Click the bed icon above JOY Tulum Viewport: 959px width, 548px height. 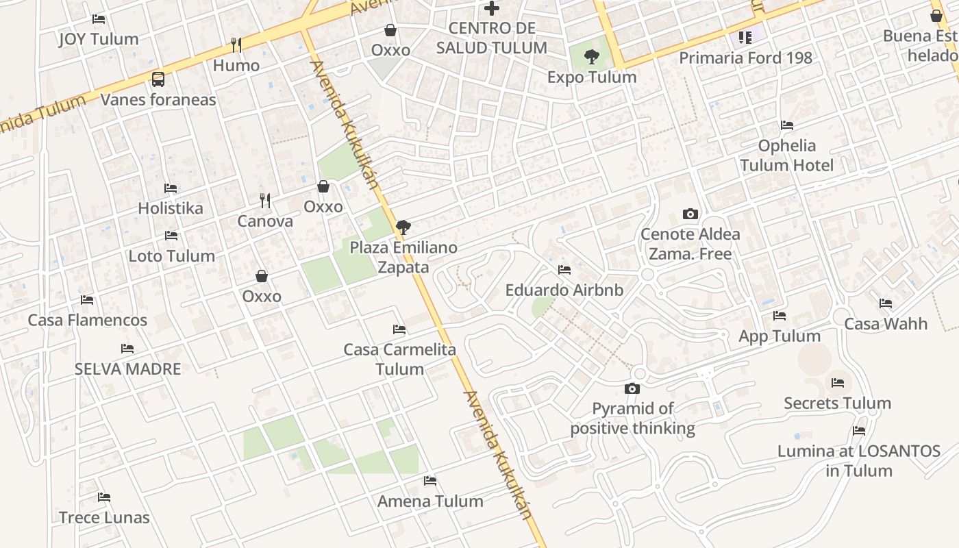click(x=99, y=19)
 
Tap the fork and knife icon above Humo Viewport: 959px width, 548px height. click(x=236, y=45)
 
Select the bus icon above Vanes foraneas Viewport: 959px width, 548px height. click(x=158, y=79)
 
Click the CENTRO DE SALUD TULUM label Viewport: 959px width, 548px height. click(x=492, y=38)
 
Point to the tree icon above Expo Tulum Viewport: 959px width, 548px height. click(x=592, y=57)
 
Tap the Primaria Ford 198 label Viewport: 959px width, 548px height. click(x=745, y=58)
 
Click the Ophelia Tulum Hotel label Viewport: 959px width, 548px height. click(x=786, y=155)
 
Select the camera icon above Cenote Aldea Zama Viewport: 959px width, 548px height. click(x=690, y=214)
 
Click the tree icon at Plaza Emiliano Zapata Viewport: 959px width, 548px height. click(x=403, y=227)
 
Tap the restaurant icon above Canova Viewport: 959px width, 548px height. click(x=265, y=201)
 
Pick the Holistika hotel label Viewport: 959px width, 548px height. click(x=171, y=208)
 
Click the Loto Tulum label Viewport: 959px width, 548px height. click(x=172, y=256)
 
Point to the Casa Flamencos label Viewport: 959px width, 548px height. click(x=87, y=320)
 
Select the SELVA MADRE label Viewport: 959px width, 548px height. click(x=127, y=369)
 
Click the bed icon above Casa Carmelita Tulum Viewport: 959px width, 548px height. click(x=399, y=329)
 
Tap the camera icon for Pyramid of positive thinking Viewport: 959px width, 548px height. click(x=632, y=389)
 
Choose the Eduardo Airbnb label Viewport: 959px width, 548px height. click(x=564, y=290)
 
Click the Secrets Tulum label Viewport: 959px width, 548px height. click(x=837, y=403)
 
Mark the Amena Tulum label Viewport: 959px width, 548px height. click(x=430, y=501)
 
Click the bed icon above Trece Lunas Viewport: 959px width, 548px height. click(x=104, y=497)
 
